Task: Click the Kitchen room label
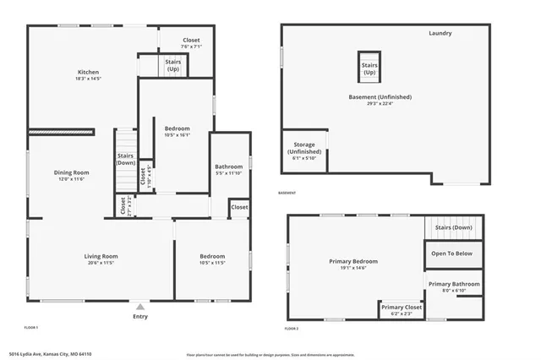[89, 72]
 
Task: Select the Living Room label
[101, 256]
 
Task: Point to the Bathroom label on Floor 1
[228, 166]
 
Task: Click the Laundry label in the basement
[440, 33]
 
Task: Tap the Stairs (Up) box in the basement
[369, 68]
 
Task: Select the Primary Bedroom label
[353, 261]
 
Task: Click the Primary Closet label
[401, 307]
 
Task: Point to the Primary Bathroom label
[453, 284]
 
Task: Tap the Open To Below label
[452, 254]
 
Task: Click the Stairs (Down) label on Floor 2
[453, 227]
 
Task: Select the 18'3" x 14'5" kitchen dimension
[89, 79]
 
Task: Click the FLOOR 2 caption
[292, 328]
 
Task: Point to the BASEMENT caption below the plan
[287, 193]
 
